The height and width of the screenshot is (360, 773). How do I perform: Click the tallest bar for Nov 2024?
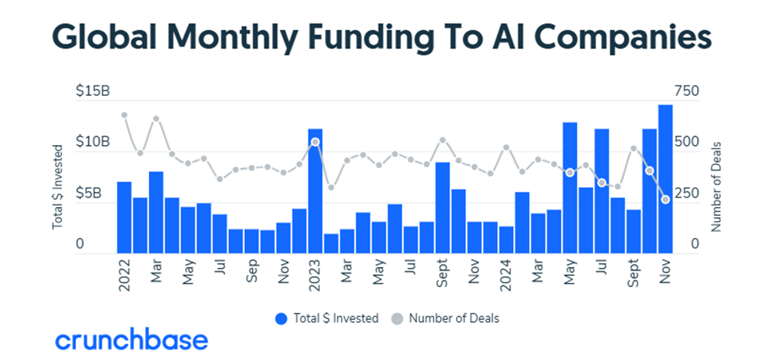click(665, 179)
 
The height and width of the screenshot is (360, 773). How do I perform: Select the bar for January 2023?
click(315, 190)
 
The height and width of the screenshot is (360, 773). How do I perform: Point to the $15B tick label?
click(93, 92)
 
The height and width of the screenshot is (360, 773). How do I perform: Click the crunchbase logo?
click(132, 341)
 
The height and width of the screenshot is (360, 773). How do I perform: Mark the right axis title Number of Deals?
click(716, 187)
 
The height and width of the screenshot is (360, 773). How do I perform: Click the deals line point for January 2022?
click(124, 115)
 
